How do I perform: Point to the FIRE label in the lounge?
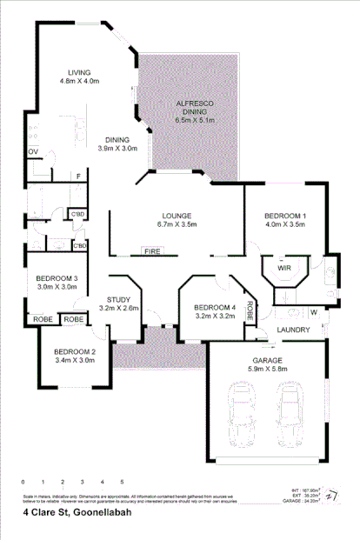pos(152,251)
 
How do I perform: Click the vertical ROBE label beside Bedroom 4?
pos(250,310)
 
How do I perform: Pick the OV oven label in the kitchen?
pos(33,152)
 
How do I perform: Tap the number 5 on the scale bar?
pos(121,481)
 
